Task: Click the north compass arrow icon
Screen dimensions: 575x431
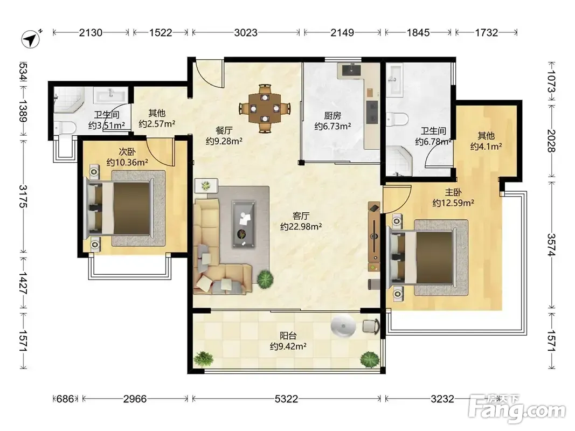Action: (x=31, y=39)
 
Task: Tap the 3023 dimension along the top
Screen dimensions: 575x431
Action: (x=246, y=33)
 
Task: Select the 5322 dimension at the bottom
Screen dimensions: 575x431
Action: (x=286, y=399)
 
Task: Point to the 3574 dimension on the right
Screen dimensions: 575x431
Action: (x=551, y=245)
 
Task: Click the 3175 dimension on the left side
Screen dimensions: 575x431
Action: (x=24, y=197)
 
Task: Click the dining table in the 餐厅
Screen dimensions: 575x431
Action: (x=265, y=108)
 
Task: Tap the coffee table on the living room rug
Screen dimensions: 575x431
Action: (x=244, y=224)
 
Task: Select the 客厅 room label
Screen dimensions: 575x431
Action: (x=301, y=216)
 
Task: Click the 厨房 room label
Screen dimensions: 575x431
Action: (x=332, y=116)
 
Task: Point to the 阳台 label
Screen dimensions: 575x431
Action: (x=288, y=335)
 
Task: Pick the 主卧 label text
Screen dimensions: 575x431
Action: (x=453, y=192)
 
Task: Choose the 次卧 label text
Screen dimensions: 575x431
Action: (x=127, y=152)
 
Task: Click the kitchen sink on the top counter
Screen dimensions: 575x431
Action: (x=351, y=69)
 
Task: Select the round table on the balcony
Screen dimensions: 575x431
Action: (x=343, y=325)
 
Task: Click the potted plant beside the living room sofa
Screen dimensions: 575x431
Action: (x=265, y=280)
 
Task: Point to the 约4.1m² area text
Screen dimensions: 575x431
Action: (x=486, y=147)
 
